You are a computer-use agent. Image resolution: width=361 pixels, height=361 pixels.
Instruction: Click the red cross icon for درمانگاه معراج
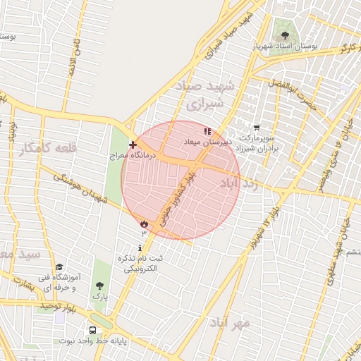tap(133, 144)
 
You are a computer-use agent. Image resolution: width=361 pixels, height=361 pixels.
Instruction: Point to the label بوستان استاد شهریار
tap(286, 46)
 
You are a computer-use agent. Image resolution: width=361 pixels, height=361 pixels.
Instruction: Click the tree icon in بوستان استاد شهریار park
tap(285, 35)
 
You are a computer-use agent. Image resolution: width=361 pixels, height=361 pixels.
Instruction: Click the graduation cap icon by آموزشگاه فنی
tap(59, 267)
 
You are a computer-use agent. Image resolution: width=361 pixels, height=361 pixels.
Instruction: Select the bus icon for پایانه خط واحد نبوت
tap(93, 330)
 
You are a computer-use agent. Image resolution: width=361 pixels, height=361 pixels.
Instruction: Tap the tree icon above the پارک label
tap(99, 286)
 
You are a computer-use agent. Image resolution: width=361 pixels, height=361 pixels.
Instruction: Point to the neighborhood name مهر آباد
tap(229, 323)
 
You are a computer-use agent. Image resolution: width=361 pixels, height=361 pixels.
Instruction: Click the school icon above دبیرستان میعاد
tap(207, 131)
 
